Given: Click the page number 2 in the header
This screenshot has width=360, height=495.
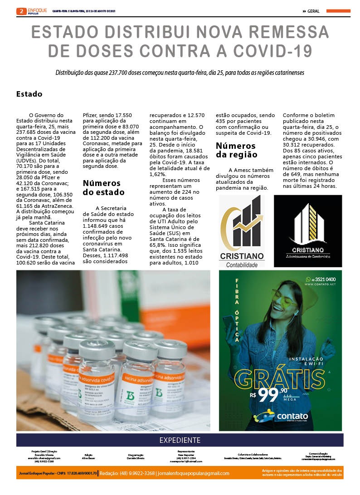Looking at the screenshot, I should (x=21, y=11).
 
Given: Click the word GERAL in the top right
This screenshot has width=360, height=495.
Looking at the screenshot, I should (x=315, y=11).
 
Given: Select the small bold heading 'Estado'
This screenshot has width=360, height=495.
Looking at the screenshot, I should (x=29, y=94).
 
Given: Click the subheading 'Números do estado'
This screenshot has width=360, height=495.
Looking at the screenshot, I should (x=102, y=187).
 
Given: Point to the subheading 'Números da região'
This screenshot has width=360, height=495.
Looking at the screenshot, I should (x=236, y=150).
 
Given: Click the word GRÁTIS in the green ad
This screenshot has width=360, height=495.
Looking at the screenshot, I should (x=279, y=377).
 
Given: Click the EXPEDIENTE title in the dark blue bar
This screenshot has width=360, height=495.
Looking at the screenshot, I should (x=180, y=440).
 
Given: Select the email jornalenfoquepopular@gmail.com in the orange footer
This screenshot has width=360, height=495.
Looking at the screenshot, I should (x=192, y=473).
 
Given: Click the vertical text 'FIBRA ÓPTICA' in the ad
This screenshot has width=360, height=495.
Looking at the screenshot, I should (x=236, y=311).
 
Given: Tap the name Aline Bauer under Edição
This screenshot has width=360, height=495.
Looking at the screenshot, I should (x=88, y=459).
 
